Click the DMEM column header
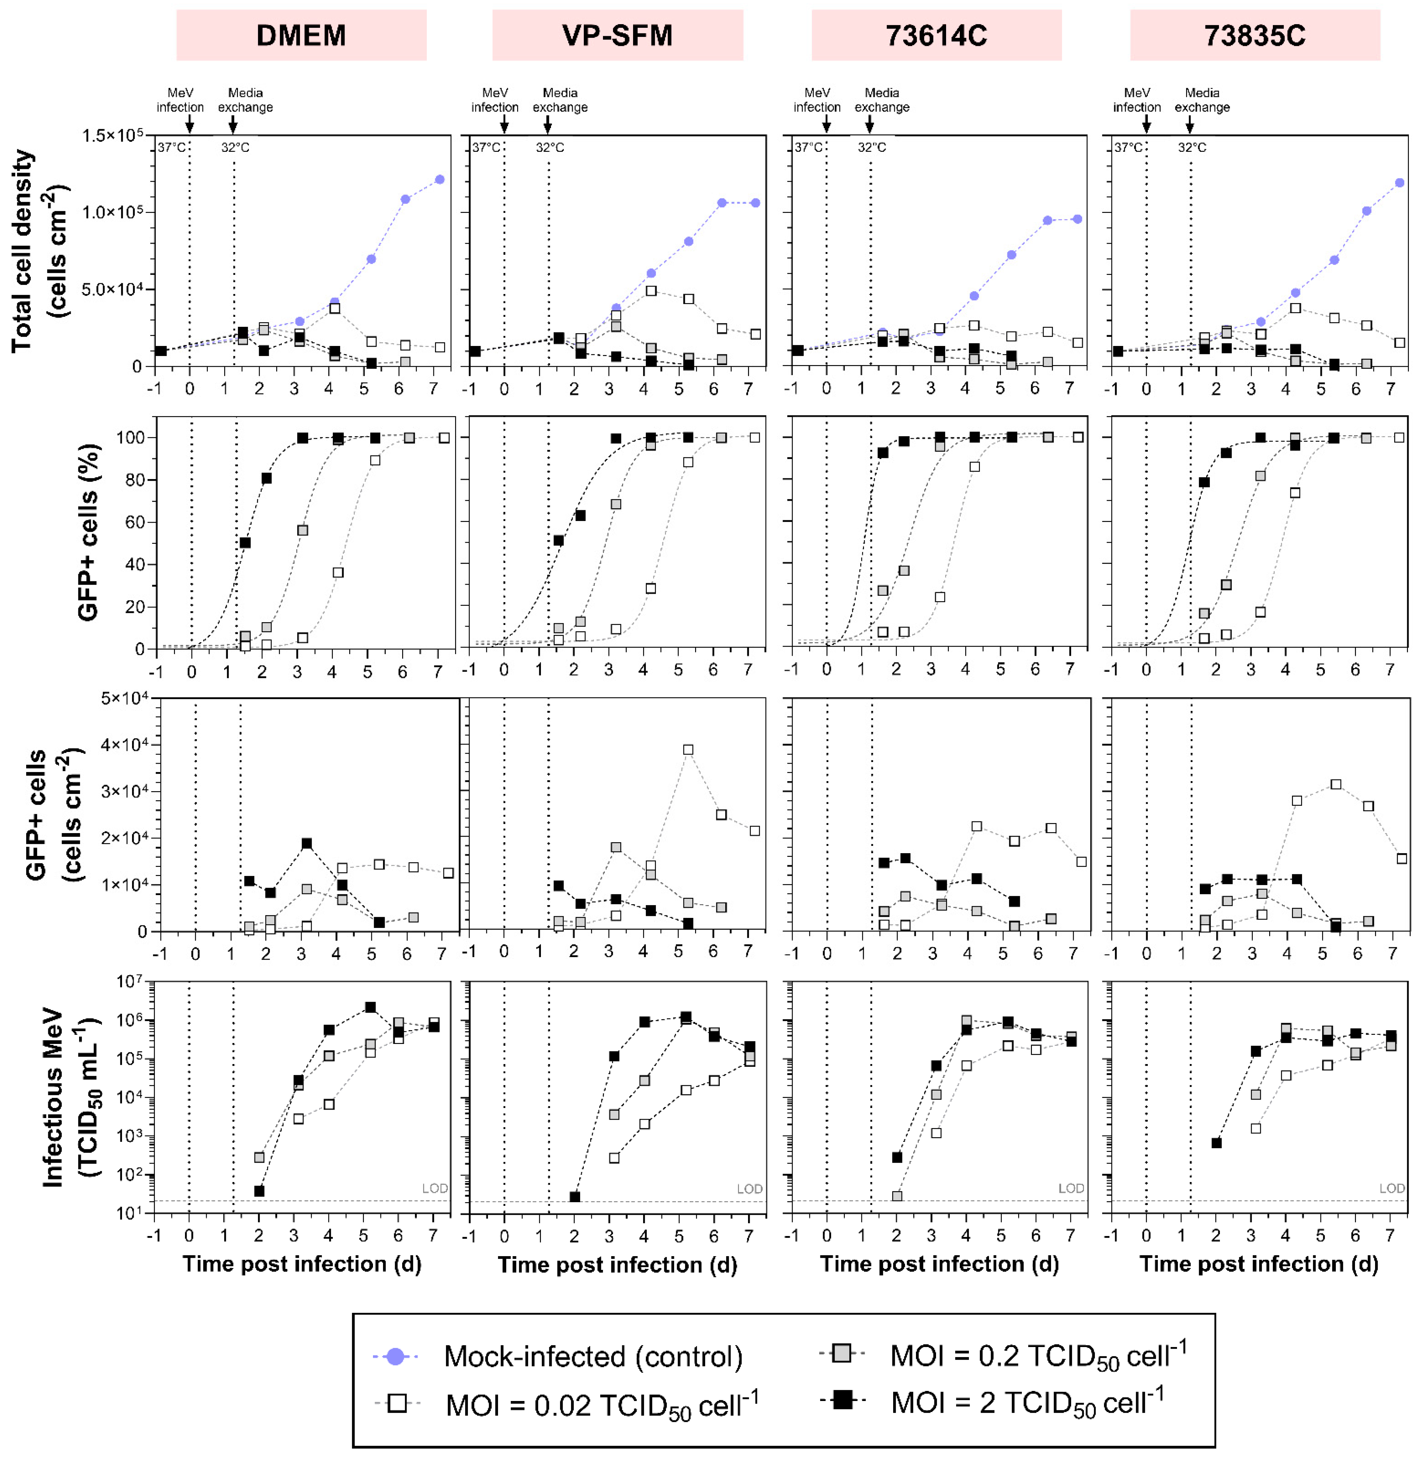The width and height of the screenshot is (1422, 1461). tap(301, 35)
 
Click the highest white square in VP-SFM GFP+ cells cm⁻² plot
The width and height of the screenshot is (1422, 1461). tap(688, 750)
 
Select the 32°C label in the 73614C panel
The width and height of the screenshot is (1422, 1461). tap(872, 147)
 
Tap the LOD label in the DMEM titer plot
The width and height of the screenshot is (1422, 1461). tap(435, 1188)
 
